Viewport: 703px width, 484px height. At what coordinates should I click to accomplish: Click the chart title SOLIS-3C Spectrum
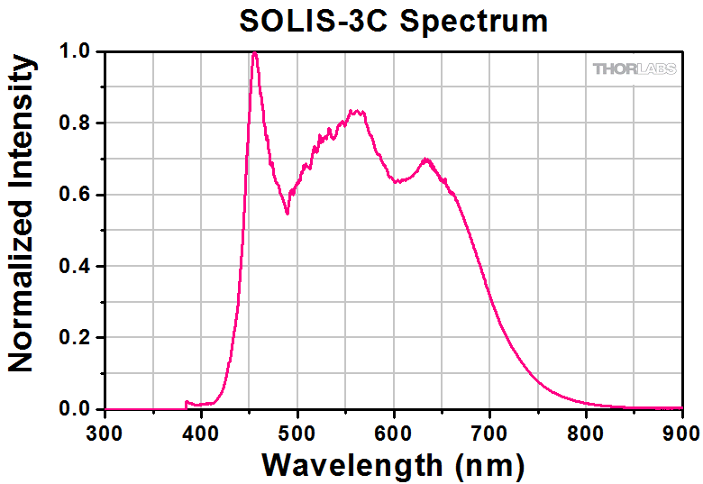click(393, 21)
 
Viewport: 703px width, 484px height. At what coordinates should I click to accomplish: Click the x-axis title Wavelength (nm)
click(393, 464)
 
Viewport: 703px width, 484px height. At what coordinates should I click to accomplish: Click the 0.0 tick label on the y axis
click(76, 410)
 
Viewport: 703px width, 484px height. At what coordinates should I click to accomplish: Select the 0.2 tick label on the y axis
click(76, 338)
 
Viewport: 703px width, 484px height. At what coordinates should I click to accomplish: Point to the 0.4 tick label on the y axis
click(76, 267)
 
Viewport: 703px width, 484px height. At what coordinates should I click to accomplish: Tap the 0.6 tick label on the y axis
click(76, 195)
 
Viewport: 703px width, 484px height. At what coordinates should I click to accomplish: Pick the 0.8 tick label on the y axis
click(76, 123)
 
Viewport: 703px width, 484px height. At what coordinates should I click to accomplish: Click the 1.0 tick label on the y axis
click(76, 52)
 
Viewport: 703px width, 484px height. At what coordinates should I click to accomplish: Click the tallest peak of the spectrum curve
click(255, 53)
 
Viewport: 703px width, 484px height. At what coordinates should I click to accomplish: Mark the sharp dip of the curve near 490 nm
click(288, 213)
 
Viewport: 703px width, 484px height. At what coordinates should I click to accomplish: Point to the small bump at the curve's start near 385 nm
click(187, 402)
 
